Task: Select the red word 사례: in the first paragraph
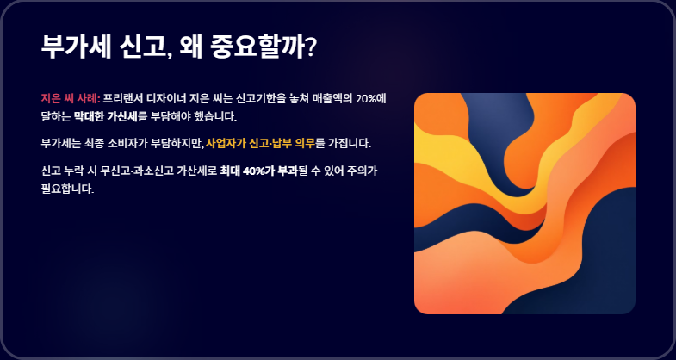pos(89,99)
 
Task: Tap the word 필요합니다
pos(67,189)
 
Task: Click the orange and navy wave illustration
pos(524,203)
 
